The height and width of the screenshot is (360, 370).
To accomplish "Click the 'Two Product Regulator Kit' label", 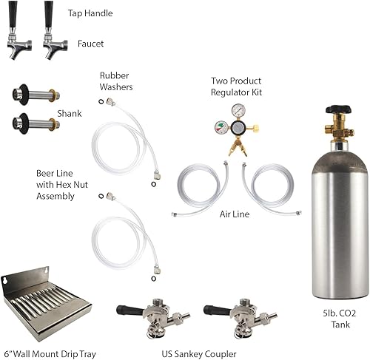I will tap(237, 84).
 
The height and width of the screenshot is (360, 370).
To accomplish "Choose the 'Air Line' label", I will tap(236, 214).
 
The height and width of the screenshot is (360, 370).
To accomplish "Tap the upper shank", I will tap(34, 96).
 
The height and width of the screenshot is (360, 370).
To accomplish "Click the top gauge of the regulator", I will tap(238, 110).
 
